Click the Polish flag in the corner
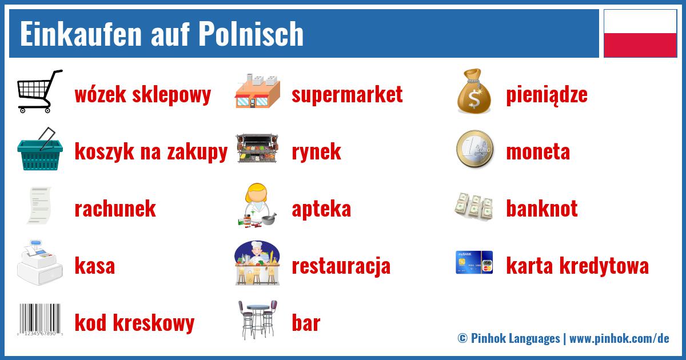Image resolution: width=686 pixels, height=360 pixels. click(640, 33)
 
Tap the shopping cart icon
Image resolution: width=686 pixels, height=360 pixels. click(39, 91)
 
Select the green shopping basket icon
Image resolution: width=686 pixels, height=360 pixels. click(39, 150)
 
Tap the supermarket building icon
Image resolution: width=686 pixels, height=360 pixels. click(257, 91)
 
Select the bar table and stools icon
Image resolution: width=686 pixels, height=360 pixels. click(257, 320)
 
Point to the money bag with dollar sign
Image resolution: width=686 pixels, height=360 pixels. click(474, 91)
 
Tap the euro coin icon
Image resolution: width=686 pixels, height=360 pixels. click(474, 150)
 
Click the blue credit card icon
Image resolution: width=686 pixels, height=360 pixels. click(474, 263)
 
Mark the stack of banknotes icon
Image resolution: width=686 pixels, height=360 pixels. click(474, 206)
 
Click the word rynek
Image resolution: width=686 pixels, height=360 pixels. click(316, 152)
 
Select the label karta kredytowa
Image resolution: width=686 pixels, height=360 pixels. click(577, 266)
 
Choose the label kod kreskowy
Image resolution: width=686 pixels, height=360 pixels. click(134, 323)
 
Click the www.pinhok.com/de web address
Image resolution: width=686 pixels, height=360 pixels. click(619, 338)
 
